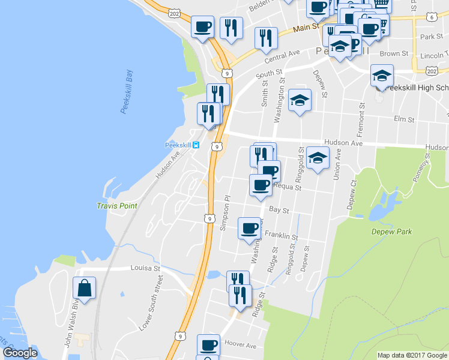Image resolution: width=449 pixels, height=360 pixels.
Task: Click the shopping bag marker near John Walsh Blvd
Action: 85,288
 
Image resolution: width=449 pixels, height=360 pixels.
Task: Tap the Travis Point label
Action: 117,206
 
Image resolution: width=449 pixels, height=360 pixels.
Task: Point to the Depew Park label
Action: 391,232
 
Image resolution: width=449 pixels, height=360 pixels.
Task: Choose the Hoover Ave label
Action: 240,346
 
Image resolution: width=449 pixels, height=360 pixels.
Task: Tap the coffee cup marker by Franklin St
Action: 249,229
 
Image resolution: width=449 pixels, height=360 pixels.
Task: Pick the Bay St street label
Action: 279,211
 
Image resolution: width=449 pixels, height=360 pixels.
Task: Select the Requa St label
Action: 287,187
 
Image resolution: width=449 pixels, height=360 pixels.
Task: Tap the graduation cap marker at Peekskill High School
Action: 381,76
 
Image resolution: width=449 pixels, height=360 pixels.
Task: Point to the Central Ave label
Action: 282,56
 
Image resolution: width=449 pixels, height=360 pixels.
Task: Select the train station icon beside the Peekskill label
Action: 196,145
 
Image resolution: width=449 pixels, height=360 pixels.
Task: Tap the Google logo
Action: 20,353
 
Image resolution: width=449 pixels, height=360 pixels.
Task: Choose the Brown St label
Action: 394,53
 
